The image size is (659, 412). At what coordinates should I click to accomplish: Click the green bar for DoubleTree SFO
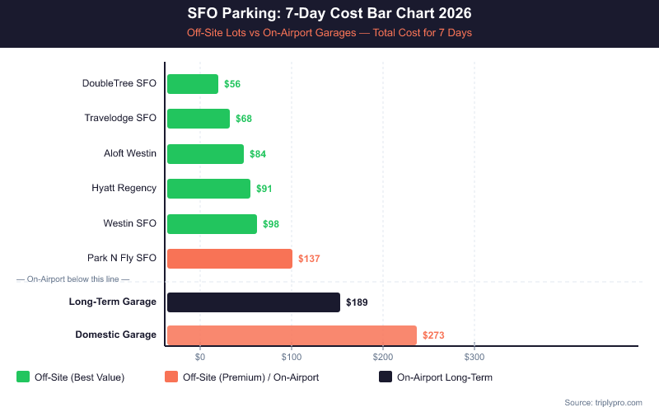click(193, 84)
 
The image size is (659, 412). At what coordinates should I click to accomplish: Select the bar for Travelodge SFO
click(199, 119)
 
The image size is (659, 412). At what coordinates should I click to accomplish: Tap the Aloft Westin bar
click(205, 154)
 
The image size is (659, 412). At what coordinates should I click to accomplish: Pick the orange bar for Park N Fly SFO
click(229, 259)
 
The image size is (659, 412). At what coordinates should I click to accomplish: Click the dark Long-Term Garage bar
click(253, 302)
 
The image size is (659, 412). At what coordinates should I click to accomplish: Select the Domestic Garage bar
click(292, 335)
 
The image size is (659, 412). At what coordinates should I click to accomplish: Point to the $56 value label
click(232, 84)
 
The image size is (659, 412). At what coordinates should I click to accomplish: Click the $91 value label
click(264, 189)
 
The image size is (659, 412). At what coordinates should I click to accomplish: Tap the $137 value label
click(309, 259)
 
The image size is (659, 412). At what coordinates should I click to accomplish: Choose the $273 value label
click(433, 335)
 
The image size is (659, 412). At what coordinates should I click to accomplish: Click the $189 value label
click(357, 302)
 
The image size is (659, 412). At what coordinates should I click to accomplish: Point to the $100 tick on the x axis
click(291, 357)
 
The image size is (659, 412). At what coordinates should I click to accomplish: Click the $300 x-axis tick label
click(474, 357)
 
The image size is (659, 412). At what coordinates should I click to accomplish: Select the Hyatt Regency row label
click(124, 188)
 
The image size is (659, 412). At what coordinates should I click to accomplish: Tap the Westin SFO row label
click(129, 223)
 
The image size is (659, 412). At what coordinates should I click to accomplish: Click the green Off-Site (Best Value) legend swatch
click(22, 377)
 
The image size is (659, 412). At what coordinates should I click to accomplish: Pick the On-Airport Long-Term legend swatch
click(385, 377)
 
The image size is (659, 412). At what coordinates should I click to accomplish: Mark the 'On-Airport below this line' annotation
click(72, 279)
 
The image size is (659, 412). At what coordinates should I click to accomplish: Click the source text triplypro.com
click(603, 402)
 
